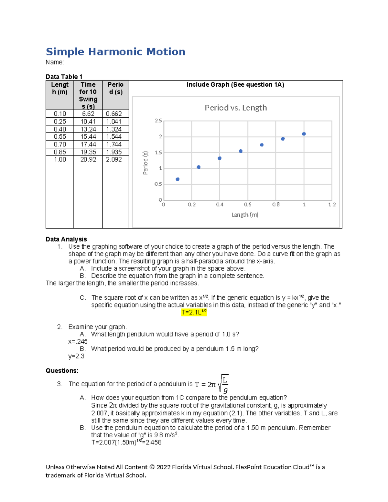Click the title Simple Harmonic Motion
[115, 52]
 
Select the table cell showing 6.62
[88, 114]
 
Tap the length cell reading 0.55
[60, 137]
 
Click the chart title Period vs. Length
[236, 108]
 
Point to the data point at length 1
[304, 134]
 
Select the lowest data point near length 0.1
[178, 179]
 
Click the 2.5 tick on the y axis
[158, 121]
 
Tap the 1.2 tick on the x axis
[332, 205]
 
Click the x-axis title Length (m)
[245, 215]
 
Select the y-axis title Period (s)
[145, 163]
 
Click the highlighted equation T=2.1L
[194, 312]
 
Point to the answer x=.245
[78, 342]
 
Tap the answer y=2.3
[76, 356]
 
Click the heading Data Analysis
[66, 239]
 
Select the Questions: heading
[62, 371]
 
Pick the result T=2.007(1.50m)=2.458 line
[126, 443]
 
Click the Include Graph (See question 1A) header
[235, 85]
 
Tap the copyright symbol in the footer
[152, 467]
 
